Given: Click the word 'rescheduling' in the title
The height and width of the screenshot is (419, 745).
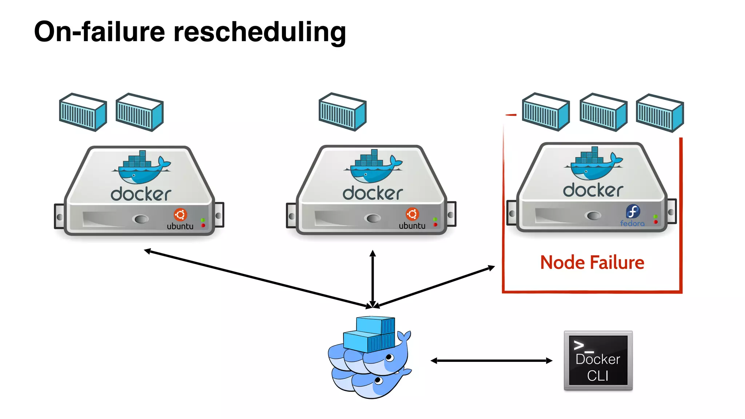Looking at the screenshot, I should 259,32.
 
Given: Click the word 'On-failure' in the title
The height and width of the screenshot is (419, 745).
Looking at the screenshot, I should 99,32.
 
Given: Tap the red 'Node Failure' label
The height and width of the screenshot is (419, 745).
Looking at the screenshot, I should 592,263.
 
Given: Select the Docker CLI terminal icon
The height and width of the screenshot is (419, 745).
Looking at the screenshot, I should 598,360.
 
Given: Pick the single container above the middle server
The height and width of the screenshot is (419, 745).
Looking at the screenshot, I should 342,112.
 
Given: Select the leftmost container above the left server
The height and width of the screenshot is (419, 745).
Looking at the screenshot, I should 83,112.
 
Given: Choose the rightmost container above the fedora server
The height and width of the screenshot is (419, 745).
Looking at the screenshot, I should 660,113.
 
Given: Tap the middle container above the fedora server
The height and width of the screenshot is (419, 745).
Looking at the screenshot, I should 603,112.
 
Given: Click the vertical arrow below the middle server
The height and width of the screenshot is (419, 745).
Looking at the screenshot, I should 372,279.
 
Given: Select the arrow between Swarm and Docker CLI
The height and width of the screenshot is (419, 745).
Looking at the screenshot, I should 491,361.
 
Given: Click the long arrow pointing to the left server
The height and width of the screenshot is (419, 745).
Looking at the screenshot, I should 255,278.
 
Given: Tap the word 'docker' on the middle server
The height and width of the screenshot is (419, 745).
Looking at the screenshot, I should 373,193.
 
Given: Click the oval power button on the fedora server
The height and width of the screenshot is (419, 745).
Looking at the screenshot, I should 594,216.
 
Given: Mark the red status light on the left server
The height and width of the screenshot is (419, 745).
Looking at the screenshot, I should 203,226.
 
